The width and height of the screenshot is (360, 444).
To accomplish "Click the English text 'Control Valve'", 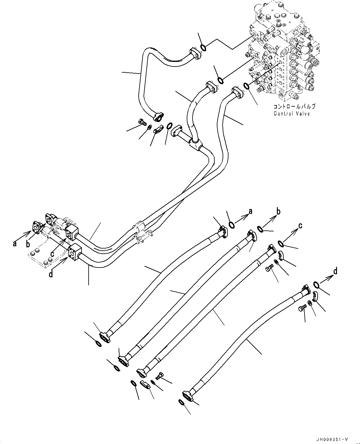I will (x=292, y=114).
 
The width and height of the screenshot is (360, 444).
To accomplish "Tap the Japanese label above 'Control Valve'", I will (x=294, y=107).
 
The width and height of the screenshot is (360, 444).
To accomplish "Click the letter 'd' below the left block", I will (x=51, y=274).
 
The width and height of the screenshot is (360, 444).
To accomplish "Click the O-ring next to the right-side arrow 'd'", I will (x=317, y=285).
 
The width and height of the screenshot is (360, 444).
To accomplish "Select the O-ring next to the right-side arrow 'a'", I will (x=232, y=225).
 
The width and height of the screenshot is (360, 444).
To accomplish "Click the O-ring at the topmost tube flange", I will (x=203, y=47).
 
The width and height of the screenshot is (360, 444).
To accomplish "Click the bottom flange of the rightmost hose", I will (x=187, y=396).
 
